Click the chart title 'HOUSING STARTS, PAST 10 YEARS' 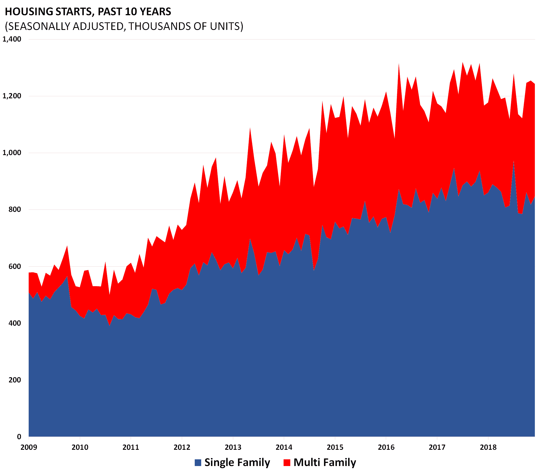pyautogui.click(x=88, y=12)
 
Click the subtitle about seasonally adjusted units pyautogui.click(x=124, y=26)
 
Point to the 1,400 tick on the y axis pyautogui.click(x=12, y=39)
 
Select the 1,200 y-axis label pyautogui.click(x=12, y=96)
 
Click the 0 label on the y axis pyautogui.click(x=19, y=437)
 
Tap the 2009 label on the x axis pyautogui.click(x=29, y=447)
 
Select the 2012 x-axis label pyautogui.click(x=182, y=447)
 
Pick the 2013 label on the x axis pyautogui.click(x=233, y=447)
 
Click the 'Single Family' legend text pyautogui.click(x=237, y=462)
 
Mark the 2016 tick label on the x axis pyautogui.click(x=386, y=447)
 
